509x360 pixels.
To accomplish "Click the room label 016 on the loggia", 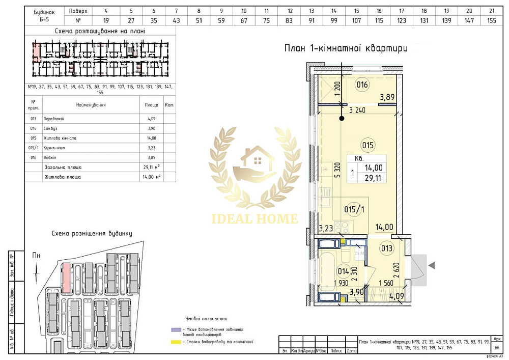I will coord(362,85).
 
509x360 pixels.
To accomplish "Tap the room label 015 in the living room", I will coord(367,145).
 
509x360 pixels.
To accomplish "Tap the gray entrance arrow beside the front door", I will coord(432,265).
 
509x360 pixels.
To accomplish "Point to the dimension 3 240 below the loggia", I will coord(358,109).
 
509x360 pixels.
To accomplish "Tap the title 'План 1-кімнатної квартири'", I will coord(346,49).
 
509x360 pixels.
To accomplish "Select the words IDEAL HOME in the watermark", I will coord(254,219).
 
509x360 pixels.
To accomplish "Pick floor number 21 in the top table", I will coord(491,10).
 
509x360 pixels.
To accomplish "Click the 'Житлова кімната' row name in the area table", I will coord(61,138).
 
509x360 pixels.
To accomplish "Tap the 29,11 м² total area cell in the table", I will coord(152,167).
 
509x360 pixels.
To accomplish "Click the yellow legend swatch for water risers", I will coord(177,342).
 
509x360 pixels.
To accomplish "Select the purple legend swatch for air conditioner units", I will coord(177,329).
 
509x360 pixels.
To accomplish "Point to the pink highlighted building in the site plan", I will coord(66,278).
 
